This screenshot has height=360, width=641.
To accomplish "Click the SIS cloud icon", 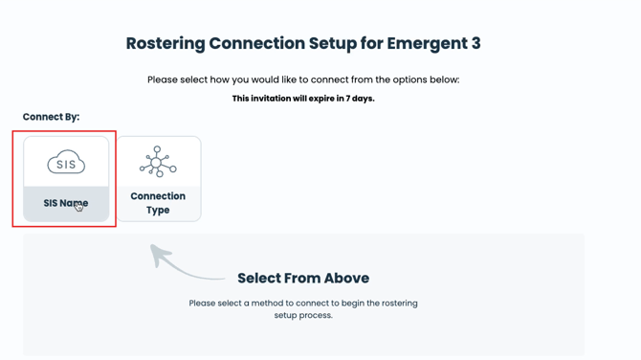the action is (66, 162).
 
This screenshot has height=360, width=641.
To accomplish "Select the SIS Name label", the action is (66, 203).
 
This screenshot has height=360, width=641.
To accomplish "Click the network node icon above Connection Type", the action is (158, 162).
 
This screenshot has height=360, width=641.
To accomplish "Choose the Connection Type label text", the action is (158, 203).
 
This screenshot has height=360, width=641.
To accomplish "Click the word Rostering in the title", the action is (166, 44).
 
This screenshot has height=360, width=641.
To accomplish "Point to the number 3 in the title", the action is (475, 43).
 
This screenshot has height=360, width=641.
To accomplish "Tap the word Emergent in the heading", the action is (427, 44).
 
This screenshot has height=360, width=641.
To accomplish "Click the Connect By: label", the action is (51, 117).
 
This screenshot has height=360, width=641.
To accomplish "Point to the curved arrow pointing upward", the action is (180, 265).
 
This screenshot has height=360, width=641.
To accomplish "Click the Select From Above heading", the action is (303, 279).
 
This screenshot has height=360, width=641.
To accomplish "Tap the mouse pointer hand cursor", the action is (78, 207).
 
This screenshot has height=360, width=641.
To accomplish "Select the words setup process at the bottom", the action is (303, 315).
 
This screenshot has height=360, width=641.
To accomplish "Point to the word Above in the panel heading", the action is (346, 279).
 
